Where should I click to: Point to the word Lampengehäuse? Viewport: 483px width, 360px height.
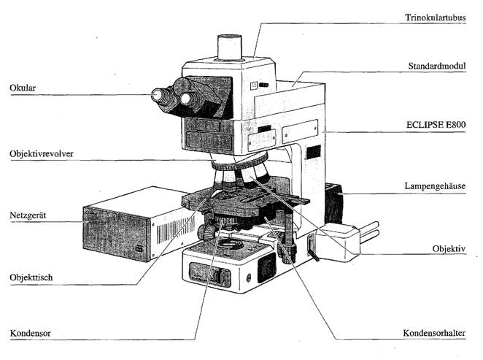click(441, 187)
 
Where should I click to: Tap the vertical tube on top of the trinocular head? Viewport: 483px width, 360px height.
click(229, 47)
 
